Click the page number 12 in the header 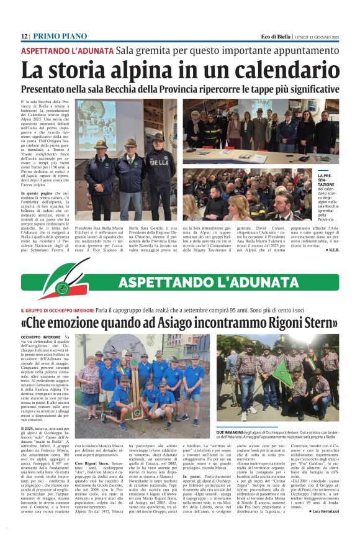tap(24, 37)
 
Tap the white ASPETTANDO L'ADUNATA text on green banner tap(198, 283)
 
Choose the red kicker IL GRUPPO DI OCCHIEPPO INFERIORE tap(57, 310)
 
